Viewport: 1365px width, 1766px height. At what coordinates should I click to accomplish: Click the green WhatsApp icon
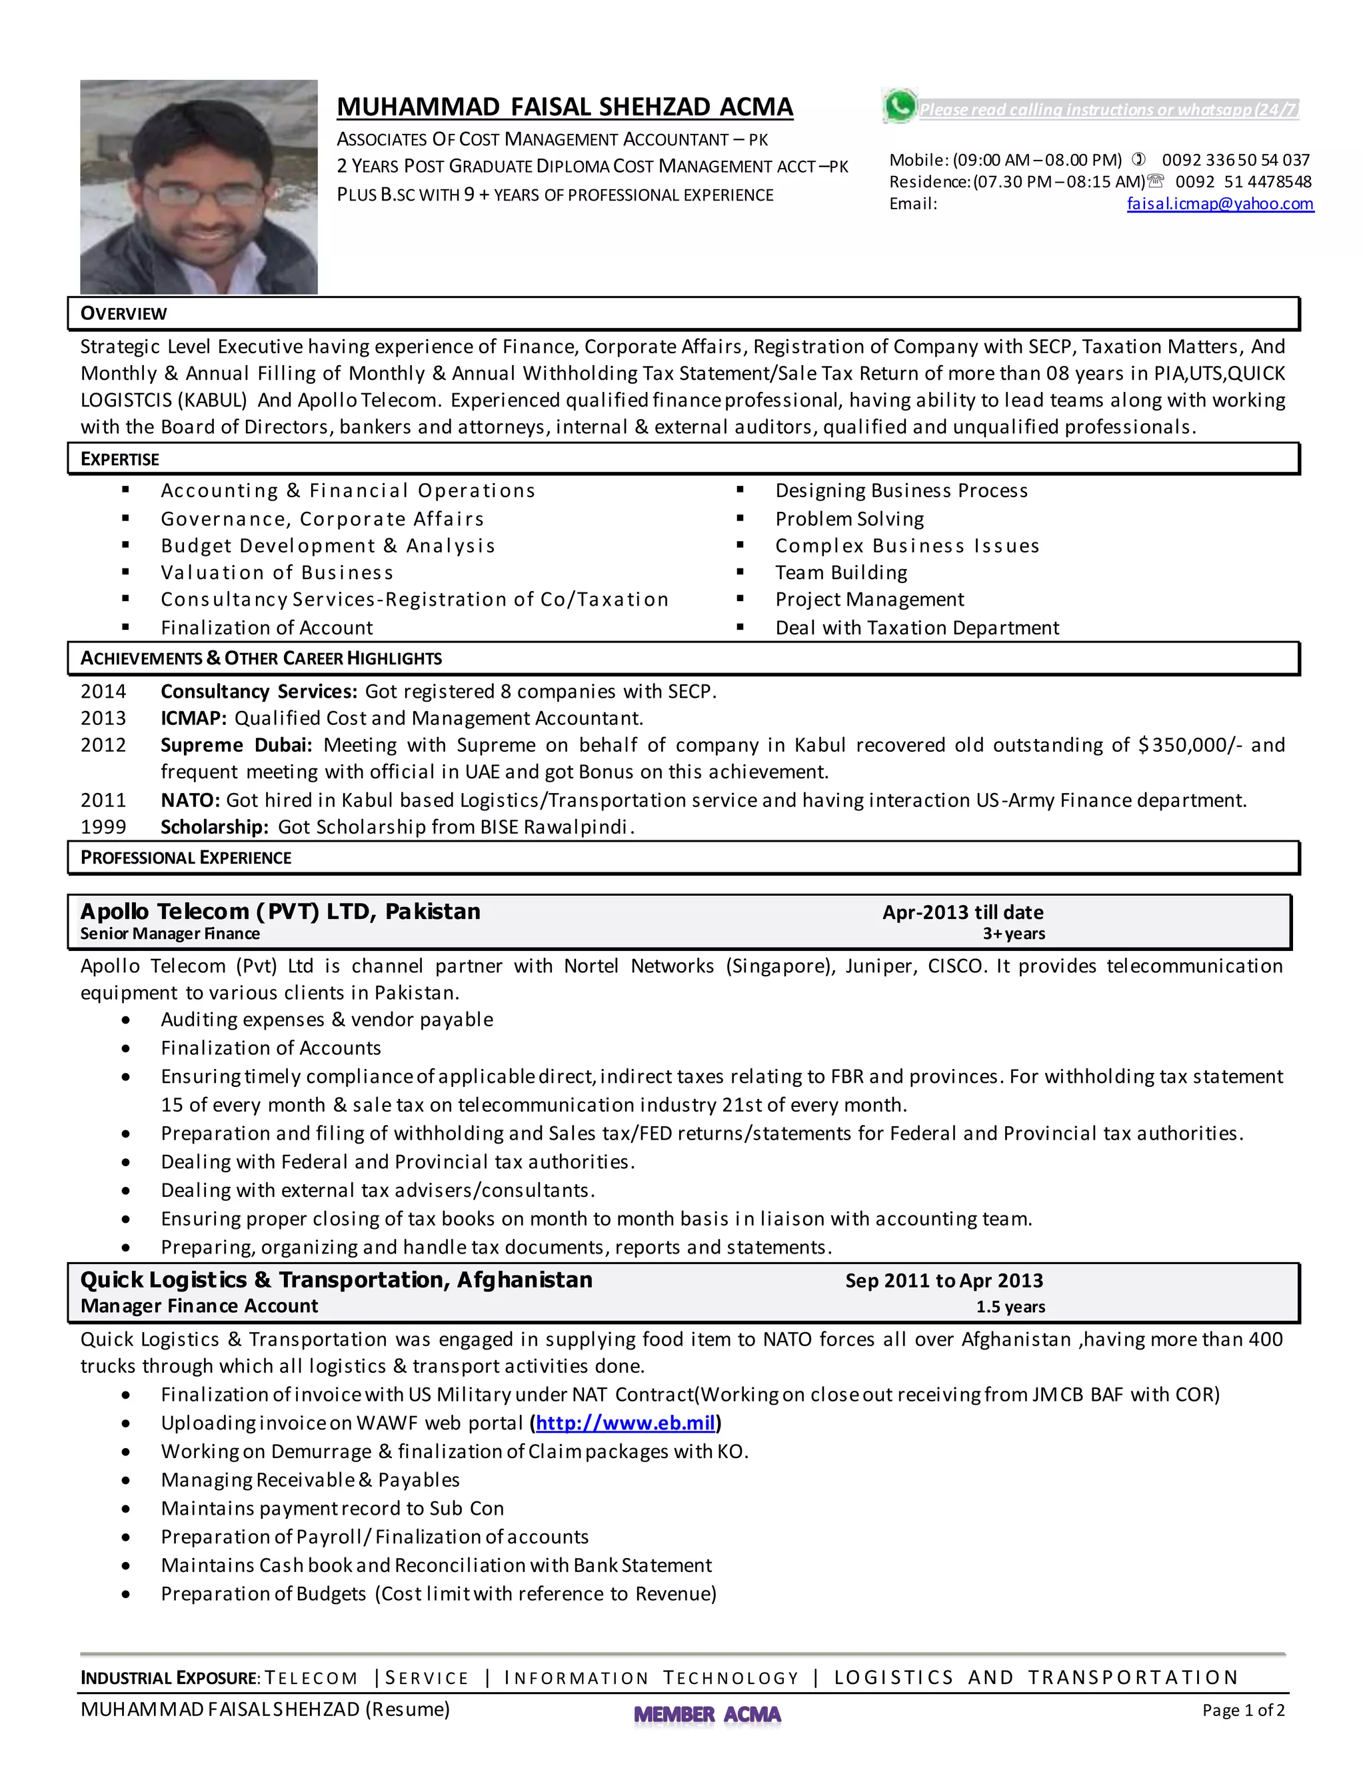point(900,106)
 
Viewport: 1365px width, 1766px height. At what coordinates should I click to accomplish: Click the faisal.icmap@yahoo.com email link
point(1220,204)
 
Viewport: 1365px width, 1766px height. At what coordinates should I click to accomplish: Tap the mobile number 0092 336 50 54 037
point(1235,160)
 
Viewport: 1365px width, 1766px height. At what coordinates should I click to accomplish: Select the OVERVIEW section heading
point(124,314)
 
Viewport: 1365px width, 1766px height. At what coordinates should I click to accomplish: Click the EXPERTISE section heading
point(120,459)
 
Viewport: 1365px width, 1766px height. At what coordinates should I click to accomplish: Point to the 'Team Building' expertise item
point(841,572)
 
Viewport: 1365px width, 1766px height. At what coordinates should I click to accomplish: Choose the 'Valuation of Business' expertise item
point(277,572)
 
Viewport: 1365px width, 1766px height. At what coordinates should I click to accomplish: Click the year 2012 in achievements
point(103,745)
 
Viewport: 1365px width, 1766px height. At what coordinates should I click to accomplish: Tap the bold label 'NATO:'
point(190,800)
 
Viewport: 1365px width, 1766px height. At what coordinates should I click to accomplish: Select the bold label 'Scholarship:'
point(215,826)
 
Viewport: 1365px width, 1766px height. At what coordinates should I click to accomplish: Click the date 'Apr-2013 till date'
point(962,912)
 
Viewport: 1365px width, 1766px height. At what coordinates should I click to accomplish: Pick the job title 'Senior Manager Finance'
point(170,934)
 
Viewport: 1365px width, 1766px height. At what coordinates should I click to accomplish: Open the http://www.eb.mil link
point(625,1422)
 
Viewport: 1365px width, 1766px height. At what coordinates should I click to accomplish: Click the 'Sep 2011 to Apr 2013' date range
point(944,1280)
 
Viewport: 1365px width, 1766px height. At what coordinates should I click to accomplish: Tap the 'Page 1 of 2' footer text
point(1243,1709)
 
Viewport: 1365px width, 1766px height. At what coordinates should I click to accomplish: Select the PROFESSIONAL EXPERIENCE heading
point(185,858)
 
